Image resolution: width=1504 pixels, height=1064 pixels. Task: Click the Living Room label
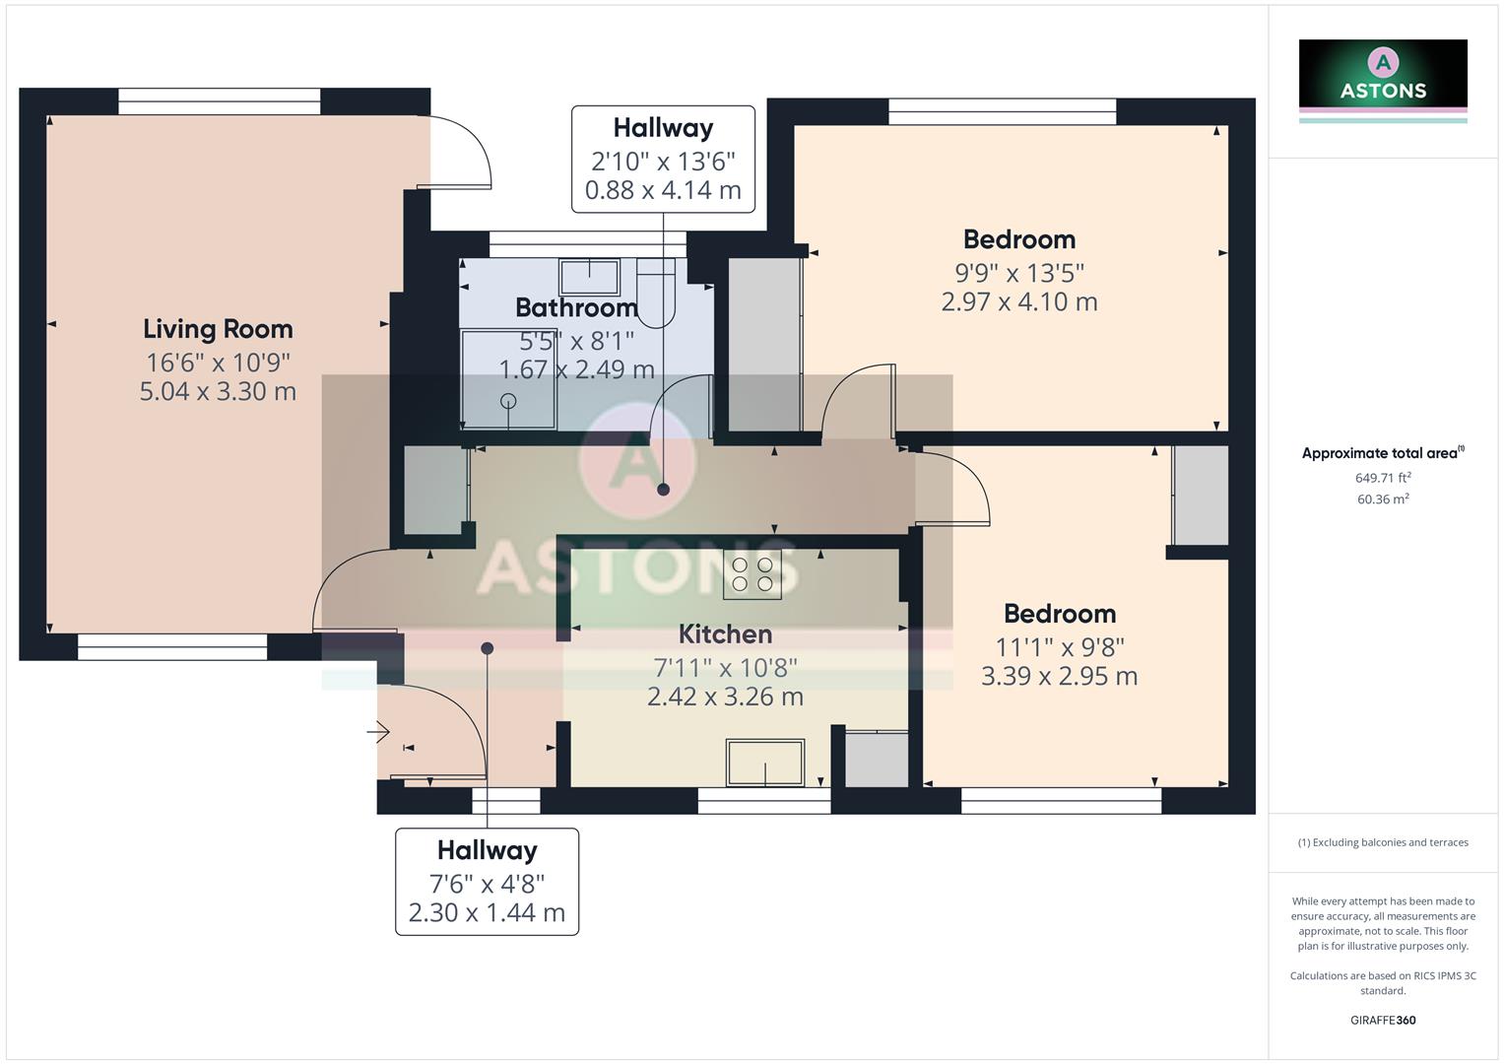218,329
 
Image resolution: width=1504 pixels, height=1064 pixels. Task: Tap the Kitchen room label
725,634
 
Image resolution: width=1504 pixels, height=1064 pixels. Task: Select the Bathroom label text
576,307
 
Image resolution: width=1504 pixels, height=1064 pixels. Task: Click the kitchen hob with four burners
752,574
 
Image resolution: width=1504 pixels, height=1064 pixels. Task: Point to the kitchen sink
765,763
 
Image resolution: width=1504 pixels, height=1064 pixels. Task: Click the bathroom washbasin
589,277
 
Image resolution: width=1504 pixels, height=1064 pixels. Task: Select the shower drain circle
508,401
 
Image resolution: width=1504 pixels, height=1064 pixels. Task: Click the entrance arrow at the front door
379,732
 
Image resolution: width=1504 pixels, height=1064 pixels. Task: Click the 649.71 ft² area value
1383,478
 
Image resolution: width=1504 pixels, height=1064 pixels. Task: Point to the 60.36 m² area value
1383,499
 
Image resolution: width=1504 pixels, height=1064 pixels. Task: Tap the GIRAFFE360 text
1383,1020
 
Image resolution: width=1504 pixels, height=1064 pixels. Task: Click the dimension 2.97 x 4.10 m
1019,301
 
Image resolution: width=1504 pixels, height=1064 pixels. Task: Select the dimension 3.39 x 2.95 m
1060,676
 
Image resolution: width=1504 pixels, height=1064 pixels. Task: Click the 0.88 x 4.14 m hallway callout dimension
663,190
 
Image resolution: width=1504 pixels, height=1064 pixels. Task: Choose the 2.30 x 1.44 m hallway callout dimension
487,912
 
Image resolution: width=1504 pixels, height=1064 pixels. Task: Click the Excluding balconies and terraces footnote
1383,842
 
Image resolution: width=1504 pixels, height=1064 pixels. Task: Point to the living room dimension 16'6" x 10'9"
218,362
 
